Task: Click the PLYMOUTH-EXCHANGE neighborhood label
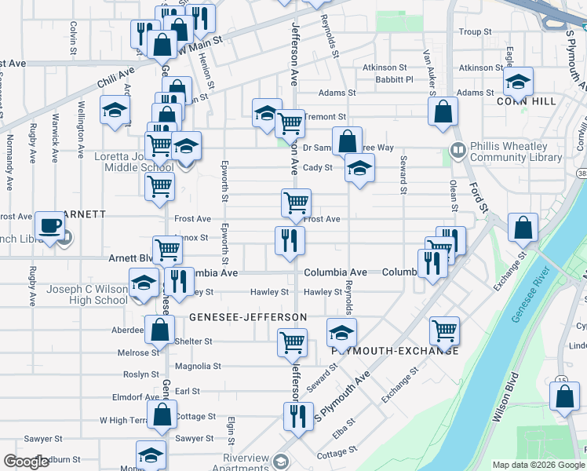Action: point(395,351)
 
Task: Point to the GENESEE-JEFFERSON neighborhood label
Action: point(248,316)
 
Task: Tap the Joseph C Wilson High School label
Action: point(86,294)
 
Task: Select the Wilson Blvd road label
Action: point(505,403)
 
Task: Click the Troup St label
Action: point(475,32)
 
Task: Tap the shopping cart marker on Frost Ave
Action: point(297,203)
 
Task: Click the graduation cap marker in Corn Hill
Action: point(518,81)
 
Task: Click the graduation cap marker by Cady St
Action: point(359,168)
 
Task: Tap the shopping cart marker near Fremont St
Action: point(290,122)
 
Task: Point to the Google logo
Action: point(27,462)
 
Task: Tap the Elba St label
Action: point(343,427)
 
